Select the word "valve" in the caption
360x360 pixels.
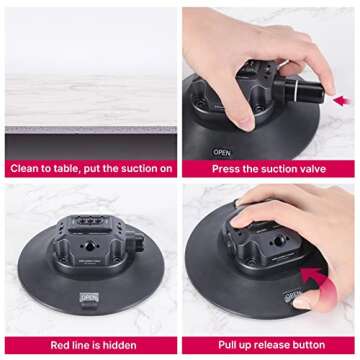pyautogui.click(x=322, y=168)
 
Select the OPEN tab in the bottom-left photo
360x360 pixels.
pyautogui.click(x=89, y=297)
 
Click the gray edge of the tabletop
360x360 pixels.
pyautogui.click(x=90, y=128)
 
